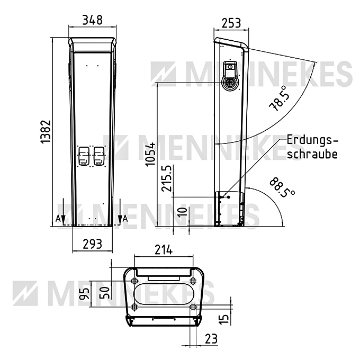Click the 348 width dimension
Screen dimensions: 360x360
pyautogui.click(x=92, y=20)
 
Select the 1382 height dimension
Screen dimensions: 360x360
pyautogui.click(x=45, y=131)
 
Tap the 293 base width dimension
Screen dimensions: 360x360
pyautogui.click(x=92, y=244)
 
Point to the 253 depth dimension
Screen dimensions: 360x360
pyautogui.click(x=231, y=23)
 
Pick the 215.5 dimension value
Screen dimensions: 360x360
pyautogui.click(x=167, y=178)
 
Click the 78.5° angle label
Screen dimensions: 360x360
pyautogui.click(x=278, y=98)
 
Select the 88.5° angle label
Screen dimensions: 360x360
pyautogui.click(x=282, y=187)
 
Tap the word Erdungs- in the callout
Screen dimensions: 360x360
pyautogui.click(x=312, y=141)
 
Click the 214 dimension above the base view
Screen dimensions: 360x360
pyautogui.click(x=164, y=250)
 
